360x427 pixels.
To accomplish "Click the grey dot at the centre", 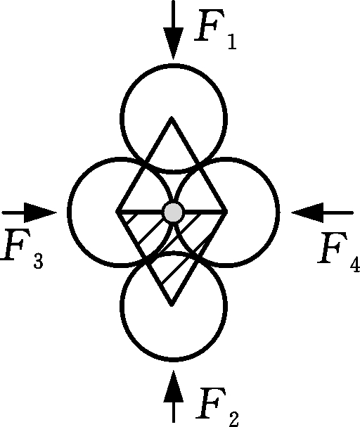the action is click(173, 212).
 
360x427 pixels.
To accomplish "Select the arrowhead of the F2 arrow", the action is click(174, 386).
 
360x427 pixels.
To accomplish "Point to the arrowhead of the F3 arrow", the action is click(40, 212).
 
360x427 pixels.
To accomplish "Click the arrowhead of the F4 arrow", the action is click(307, 212).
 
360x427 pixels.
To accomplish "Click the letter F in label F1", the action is click(209, 25).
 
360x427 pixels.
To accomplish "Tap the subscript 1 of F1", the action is click(232, 42).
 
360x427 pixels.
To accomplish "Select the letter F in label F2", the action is click(211, 403).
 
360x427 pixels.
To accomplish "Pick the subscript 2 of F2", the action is click(233, 419).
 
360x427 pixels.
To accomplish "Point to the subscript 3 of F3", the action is click(39, 261).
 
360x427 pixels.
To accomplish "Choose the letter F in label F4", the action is click(333, 248).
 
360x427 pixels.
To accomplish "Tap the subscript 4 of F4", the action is click(355, 265).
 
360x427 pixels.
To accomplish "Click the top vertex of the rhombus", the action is click(172, 117).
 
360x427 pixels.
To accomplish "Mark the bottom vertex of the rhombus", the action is click(172, 305).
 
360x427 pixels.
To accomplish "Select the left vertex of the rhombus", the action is click(117, 212).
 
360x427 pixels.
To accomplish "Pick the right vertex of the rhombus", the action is click(226, 212).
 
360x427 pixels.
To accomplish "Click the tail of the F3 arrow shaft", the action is click(3, 212).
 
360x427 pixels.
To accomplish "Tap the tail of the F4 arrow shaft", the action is click(353, 212).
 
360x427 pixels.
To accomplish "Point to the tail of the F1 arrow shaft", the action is click(174, 1).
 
